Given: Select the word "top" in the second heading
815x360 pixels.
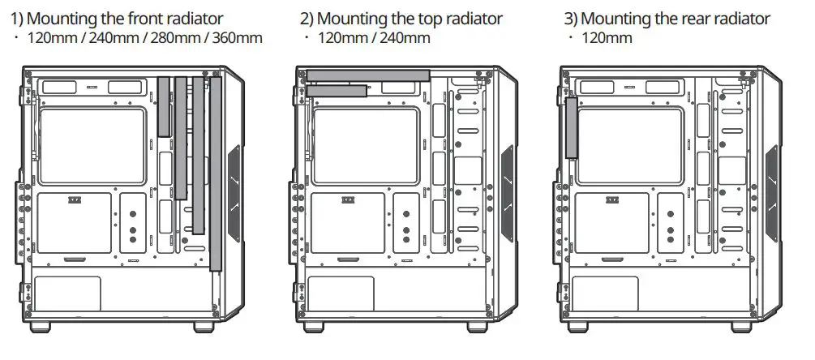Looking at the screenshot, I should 426,19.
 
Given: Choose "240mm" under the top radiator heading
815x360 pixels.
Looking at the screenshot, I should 408,38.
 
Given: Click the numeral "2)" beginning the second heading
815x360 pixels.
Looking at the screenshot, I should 307,19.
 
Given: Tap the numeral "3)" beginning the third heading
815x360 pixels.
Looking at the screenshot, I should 571,19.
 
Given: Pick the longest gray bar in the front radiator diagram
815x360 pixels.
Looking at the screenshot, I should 215,174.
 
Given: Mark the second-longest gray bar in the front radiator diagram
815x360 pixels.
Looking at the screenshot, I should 198,155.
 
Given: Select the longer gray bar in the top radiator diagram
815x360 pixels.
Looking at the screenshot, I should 368,75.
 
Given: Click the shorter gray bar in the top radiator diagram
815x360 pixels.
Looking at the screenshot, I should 337,91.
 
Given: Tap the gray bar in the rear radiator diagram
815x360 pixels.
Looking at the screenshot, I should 571,126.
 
